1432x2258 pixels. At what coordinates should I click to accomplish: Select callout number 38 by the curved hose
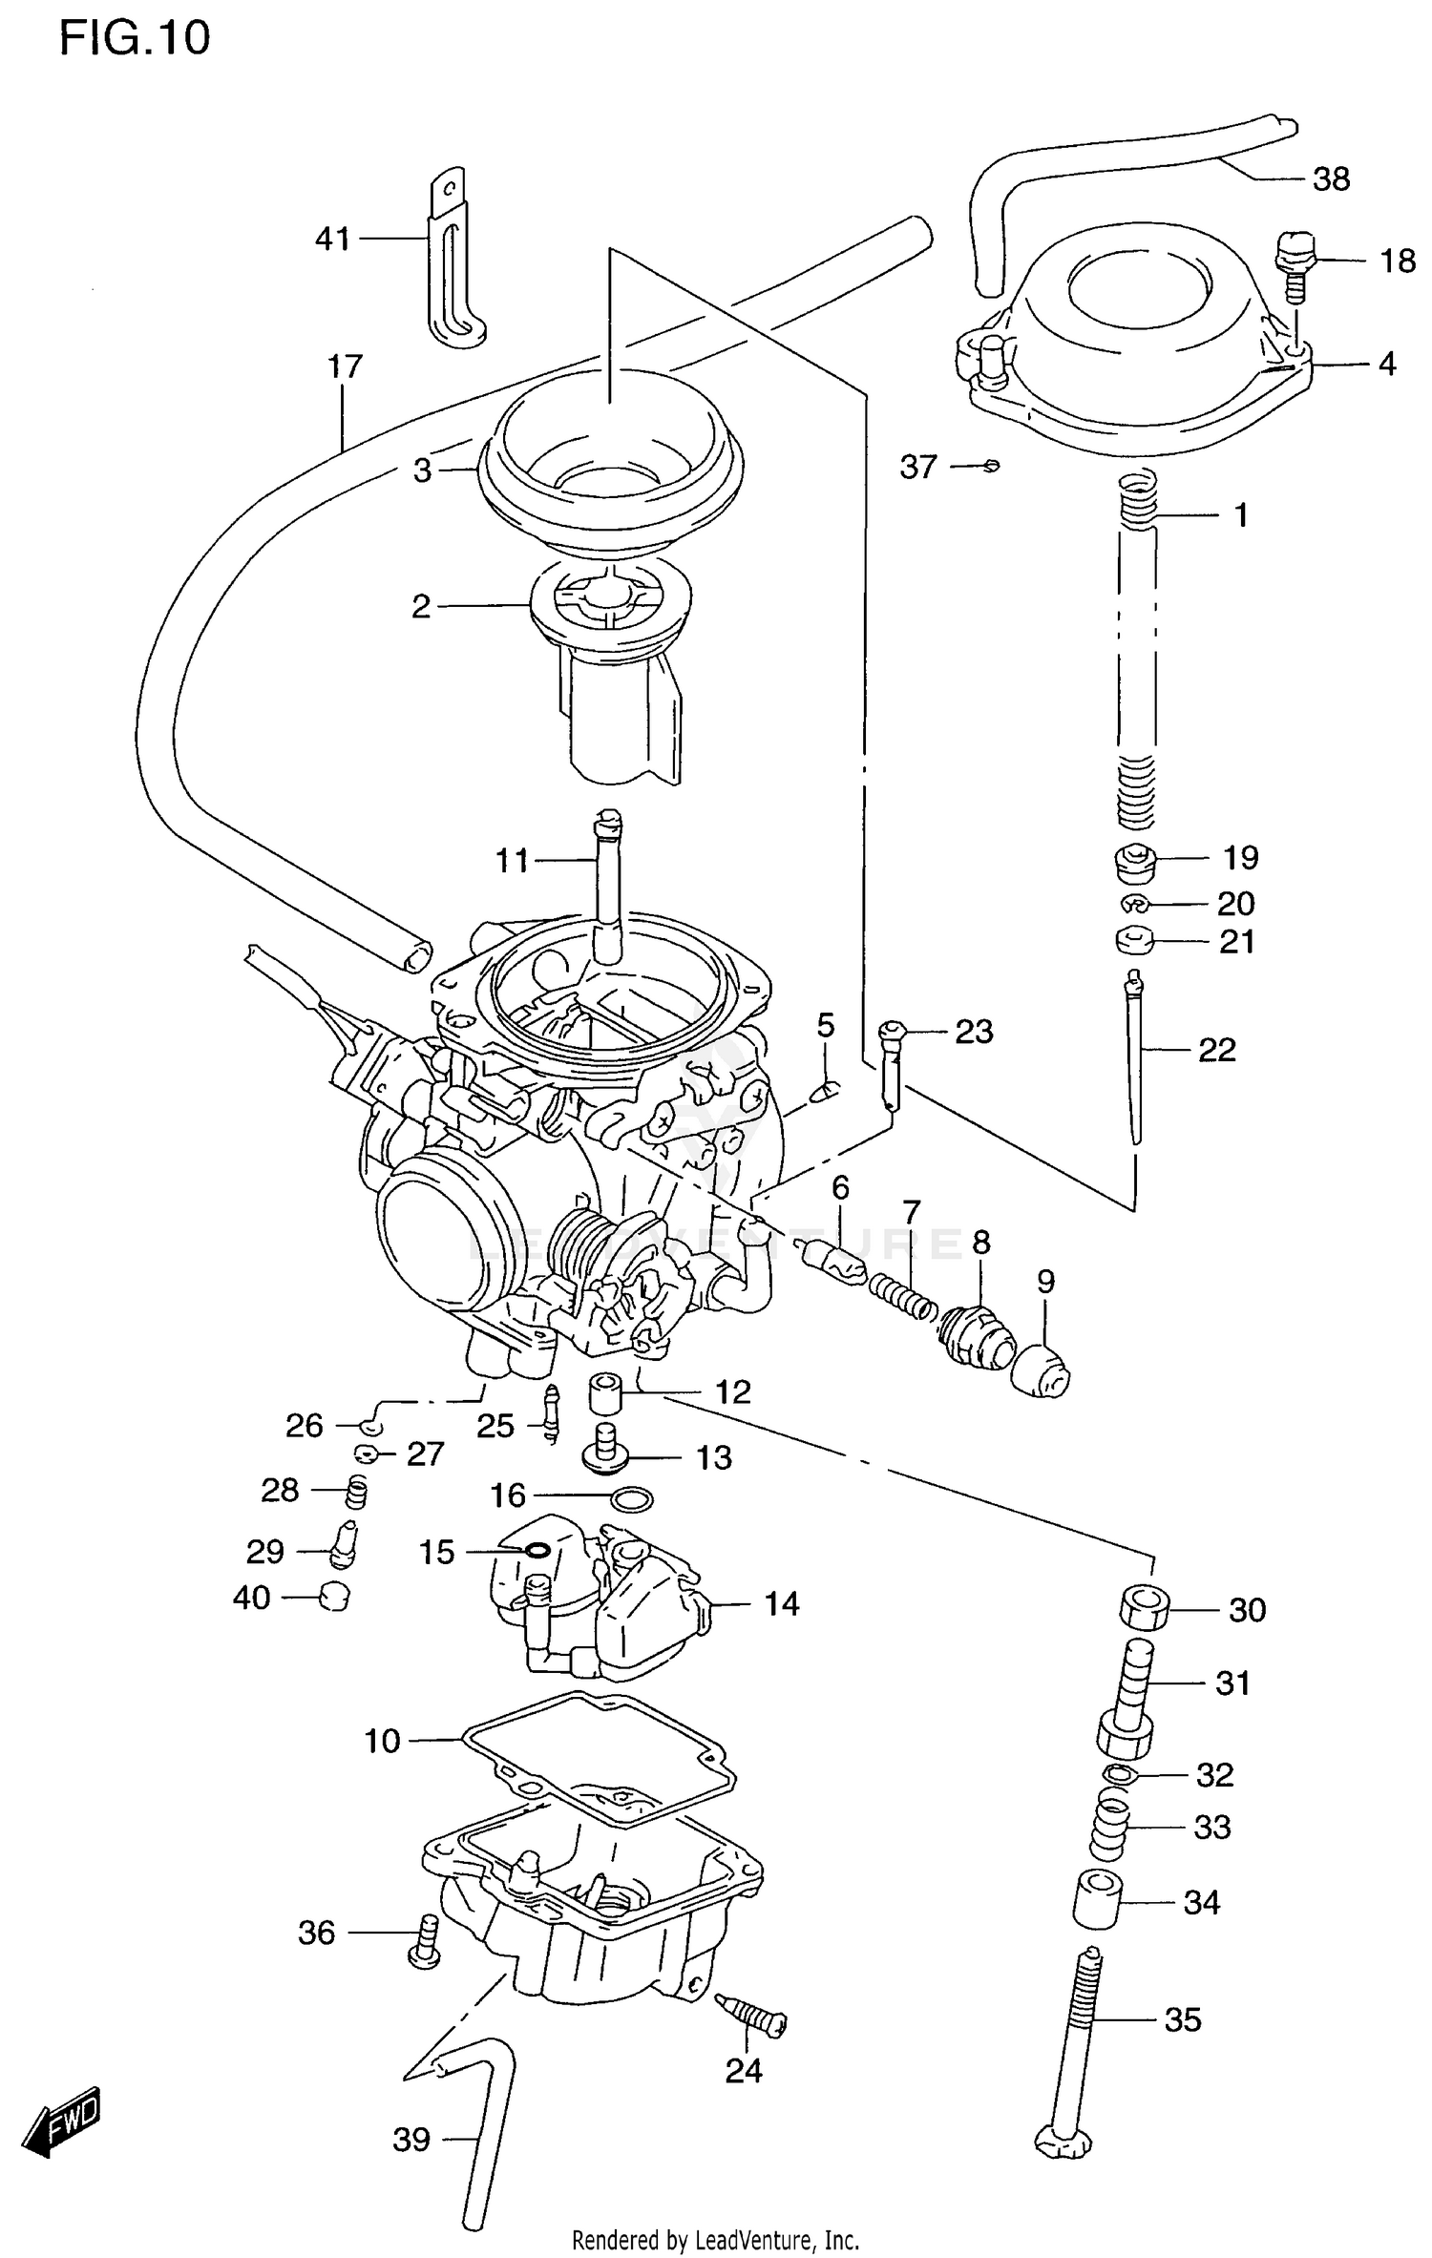pyautogui.click(x=1331, y=179)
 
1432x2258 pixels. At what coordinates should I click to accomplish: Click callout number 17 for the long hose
pyautogui.click(x=345, y=366)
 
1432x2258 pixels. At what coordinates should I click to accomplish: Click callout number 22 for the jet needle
pyautogui.click(x=1216, y=1050)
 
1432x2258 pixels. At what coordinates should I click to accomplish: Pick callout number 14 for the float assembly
pyautogui.click(x=781, y=1604)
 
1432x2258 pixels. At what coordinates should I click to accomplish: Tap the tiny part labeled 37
pyautogui.click(x=992, y=466)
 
